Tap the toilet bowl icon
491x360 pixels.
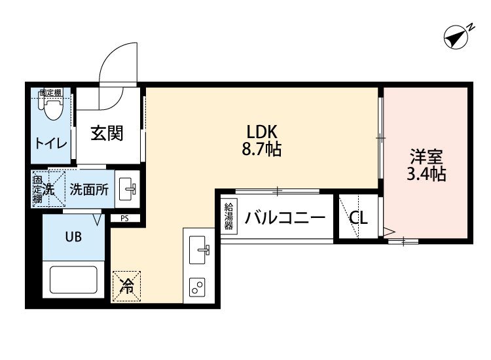pyautogui.click(x=52, y=108)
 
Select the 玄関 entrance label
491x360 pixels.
pyautogui.click(x=107, y=134)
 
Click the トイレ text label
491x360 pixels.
pyautogui.click(x=51, y=144)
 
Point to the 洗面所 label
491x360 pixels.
pyautogui.click(x=89, y=189)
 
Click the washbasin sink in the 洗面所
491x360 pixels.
pyautogui.click(x=127, y=189)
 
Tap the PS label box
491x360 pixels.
pyautogui.click(x=125, y=218)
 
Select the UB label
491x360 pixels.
pyautogui.click(x=73, y=237)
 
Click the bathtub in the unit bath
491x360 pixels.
pyautogui.click(x=73, y=279)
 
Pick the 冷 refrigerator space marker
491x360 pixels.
pyautogui.click(x=126, y=286)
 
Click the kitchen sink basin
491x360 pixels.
pyautogui.click(x=198, y=250)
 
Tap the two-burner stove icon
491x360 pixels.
pyautogui.click(x=197, y=287)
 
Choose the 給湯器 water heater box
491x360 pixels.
pyautogui.click(x=229, y=217)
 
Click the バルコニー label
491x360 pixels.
pyautogui.click(x=285, y=217)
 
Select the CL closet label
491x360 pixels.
pyautogui.click(x=359, y=217)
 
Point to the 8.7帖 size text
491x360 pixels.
pyautogui.click(x=262, y=149)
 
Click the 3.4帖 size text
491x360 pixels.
pyautogui.click(x=426, y=173)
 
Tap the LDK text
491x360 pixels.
pyautogui.click(x=262, y=132)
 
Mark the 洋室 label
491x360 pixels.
pyautogui.click(x=426, y=157)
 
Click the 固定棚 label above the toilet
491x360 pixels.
pyautogui.click(x=50, y=92)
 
